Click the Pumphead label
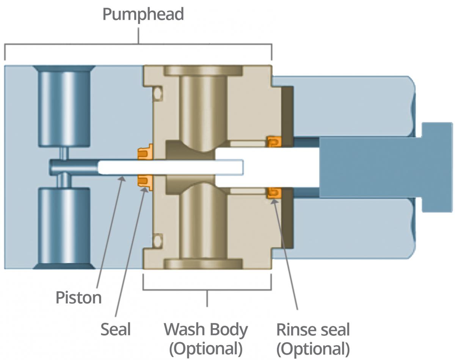[x=143, y=14]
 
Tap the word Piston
[x=78, y=297]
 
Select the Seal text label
[x=115, y=329]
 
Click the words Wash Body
[x=206, y=329]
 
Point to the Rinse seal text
[x=313, y=329]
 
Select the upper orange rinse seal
[x=274, y=142]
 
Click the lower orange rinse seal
[x=274, y=193]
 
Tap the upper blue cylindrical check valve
[x=64, y=106]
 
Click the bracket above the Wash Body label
[x=207, y=290]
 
